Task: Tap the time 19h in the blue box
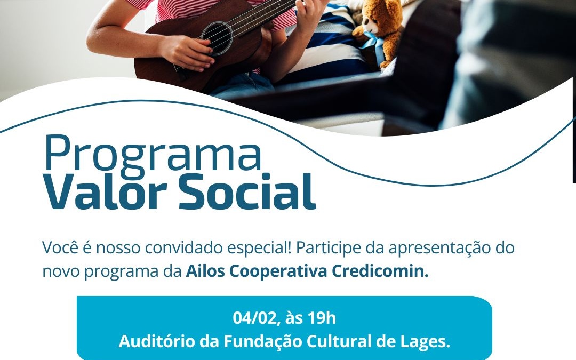point(322,318)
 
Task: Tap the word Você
point(59,249)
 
